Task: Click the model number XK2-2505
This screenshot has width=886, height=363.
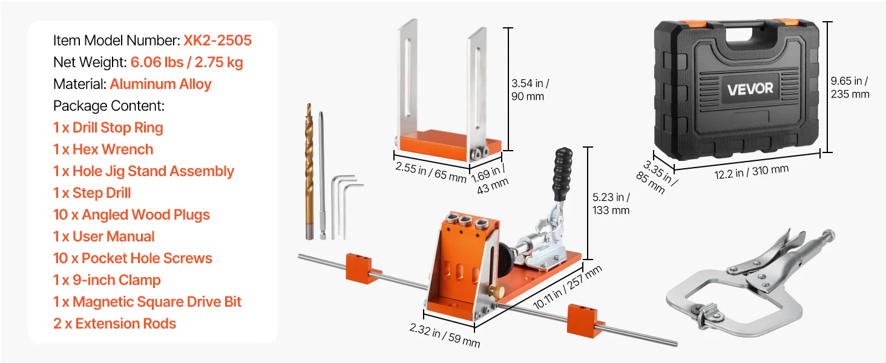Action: (217, 41)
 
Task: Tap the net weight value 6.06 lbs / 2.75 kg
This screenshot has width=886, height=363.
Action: (186, 62)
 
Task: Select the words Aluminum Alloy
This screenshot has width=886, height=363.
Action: (160, 84)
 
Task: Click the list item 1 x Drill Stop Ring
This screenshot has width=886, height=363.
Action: (108, 128)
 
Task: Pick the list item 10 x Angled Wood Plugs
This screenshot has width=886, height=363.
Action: (131, 215)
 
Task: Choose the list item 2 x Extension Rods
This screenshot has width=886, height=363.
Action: (115, 324)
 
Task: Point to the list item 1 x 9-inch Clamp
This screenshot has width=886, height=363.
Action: (107, 280)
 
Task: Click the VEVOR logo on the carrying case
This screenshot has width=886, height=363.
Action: (750, 89)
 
